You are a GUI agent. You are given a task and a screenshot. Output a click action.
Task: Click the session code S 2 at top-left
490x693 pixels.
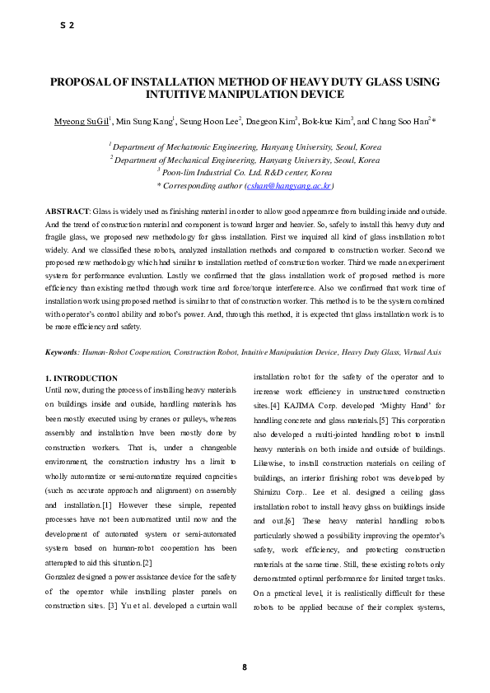coord(67,26)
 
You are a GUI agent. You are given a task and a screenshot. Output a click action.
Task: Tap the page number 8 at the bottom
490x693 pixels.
coord(245,667)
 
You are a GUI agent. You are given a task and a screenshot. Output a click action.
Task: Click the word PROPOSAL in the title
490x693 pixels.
coord(82,82)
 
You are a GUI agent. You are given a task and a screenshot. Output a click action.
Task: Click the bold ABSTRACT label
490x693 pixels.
coord(67,212)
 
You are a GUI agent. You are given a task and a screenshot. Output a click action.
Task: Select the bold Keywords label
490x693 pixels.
coord(62,352)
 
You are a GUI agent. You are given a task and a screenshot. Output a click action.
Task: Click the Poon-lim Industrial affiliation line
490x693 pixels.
coord(245,174)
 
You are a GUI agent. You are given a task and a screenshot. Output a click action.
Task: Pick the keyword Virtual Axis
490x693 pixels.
coord(421,352)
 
